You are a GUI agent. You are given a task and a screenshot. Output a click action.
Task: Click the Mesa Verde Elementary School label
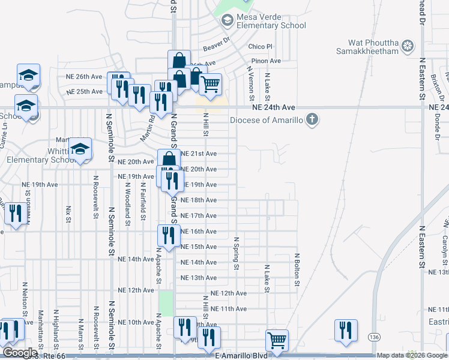[271, 21]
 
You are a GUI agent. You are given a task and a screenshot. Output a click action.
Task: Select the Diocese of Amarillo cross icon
[312, 119]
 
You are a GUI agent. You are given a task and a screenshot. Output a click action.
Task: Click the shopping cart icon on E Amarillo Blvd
[277, 341]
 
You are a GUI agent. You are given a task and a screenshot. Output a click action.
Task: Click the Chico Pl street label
[261, 47]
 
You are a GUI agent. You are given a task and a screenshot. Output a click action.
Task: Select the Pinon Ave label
[267, 61]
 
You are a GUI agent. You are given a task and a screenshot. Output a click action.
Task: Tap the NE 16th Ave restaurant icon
[168, 236]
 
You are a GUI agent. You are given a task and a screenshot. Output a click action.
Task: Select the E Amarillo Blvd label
[240, 356]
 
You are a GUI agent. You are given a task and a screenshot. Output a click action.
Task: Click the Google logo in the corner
[20, 353]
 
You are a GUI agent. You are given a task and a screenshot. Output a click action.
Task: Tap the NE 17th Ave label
[199, 216]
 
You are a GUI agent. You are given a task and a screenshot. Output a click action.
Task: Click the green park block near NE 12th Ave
[166, 304]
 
